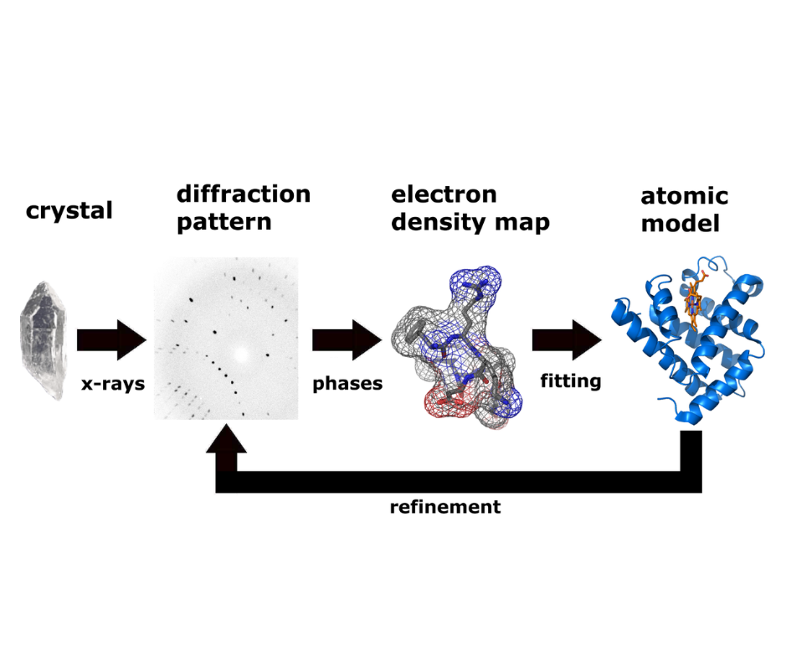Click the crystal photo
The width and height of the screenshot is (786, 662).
pos(42,340)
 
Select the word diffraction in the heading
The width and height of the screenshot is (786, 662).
pos(243,194)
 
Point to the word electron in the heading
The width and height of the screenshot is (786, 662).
pos(444,194)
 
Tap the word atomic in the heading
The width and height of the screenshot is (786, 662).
pos(684,197)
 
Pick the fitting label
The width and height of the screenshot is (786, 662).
pos(570,381)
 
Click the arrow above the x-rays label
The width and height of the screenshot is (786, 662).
pos(111,339)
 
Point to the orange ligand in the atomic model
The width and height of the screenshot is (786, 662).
pos(694,297)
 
